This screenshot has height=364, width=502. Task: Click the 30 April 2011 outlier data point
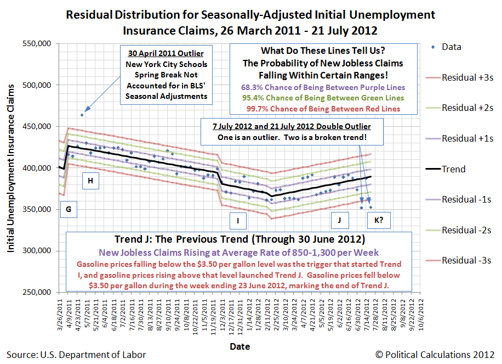coord(82,115)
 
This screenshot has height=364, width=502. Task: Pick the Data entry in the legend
coord(451,47)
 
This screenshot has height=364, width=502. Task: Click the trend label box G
coord(68,209)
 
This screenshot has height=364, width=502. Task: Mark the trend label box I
coord(238,221)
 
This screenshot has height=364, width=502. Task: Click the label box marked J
coord(340,221)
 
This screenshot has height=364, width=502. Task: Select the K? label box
coord(379,221)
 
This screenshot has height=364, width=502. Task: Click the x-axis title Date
coord(239,346)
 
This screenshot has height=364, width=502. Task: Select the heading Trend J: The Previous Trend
coord(239,239)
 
